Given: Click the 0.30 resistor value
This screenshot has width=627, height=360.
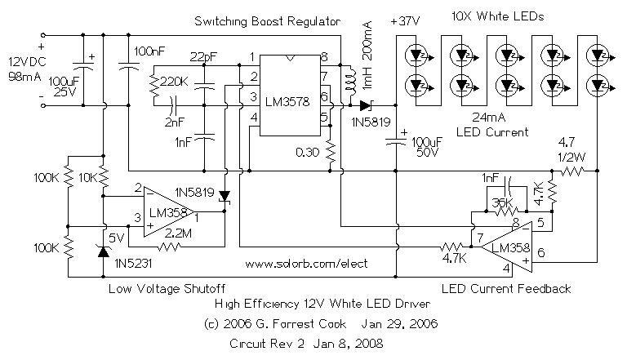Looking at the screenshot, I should (309, 151).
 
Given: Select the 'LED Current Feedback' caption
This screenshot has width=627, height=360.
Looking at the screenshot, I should (505, 289).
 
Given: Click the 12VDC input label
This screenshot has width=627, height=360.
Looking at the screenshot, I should (23, 64).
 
